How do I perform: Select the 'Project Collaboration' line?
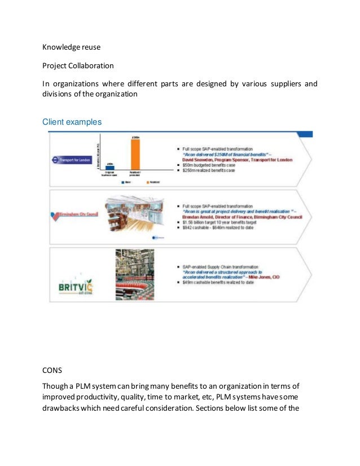(x=78, y=65)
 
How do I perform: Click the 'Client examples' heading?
(x=71, y=122)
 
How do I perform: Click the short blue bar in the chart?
(x=110, y=167)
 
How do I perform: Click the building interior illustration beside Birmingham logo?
(x=133, y=212)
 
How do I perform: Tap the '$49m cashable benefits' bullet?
(x=218, y=282)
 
